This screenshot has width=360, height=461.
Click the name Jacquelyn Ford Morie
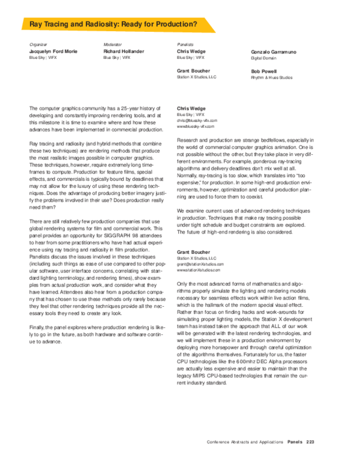[53, 52]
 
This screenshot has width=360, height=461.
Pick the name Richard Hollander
[124, 52]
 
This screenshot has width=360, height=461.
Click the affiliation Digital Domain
[265, 58]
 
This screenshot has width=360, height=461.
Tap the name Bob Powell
[263, 71]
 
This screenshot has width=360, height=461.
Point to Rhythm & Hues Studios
[272, 77]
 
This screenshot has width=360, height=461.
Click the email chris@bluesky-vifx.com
[196, 121]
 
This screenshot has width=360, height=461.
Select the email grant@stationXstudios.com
[200, 264]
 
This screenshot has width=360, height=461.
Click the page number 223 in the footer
[310, 441]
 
